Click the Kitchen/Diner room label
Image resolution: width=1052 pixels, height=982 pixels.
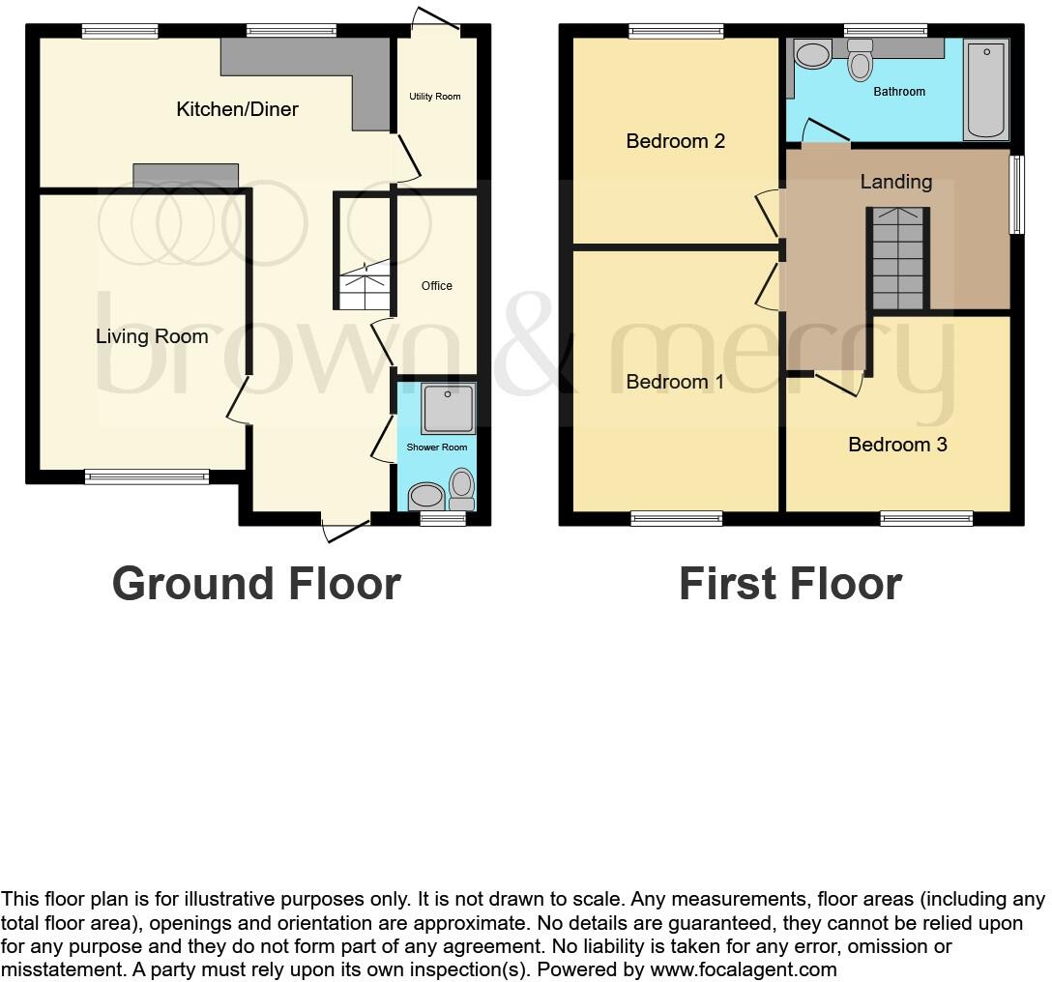click(237, 109)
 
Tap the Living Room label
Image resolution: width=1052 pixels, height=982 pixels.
click(152, 336)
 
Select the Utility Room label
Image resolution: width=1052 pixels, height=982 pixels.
click(435, 97)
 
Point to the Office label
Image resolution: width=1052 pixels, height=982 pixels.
click(437, 286)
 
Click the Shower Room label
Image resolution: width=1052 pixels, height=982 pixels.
click(437, 448)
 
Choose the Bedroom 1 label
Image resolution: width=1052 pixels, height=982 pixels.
click(675, 382)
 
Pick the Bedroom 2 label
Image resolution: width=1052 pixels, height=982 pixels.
click(675, 141)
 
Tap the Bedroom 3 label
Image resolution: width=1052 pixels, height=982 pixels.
click(897, 445)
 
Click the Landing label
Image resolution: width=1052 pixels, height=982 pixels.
click(895, 182)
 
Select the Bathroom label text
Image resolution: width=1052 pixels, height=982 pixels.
click(899, 92)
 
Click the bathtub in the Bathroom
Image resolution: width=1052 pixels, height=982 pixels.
click(986, 89)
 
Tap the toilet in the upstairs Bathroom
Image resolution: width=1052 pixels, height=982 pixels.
click(860, 61)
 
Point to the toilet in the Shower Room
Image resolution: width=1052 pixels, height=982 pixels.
click(462, 488)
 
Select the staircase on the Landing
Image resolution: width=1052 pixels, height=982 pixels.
click(898, 258)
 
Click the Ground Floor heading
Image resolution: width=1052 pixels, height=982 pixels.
click(256, 584)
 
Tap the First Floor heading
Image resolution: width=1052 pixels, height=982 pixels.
click(790, 584)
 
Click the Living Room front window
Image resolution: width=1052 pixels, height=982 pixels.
click(146, 476)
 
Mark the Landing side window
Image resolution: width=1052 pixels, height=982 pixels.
click(1016, 195)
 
